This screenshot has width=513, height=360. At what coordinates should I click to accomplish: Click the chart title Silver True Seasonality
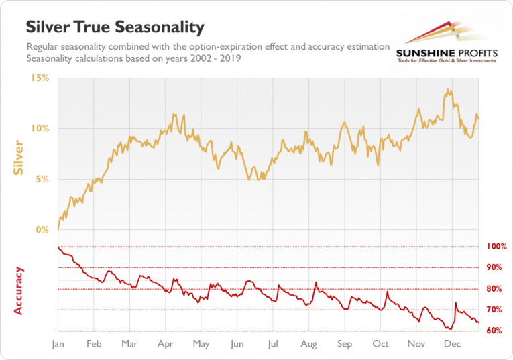(x=115, y=27)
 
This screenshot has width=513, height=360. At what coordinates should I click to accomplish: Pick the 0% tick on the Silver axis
(x=42, y=230)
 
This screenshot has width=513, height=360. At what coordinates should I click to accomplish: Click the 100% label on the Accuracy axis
(x=497, y=247)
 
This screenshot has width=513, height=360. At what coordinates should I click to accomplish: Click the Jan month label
(x=58, y=344)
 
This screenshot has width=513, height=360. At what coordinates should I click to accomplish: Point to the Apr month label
(x=166, y=344)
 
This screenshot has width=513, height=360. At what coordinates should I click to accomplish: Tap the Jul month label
(x=273, y=344)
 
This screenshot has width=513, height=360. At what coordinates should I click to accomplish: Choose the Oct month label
(x=380, y=344)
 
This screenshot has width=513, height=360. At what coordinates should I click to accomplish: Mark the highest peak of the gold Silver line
(x=446, y=89)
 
